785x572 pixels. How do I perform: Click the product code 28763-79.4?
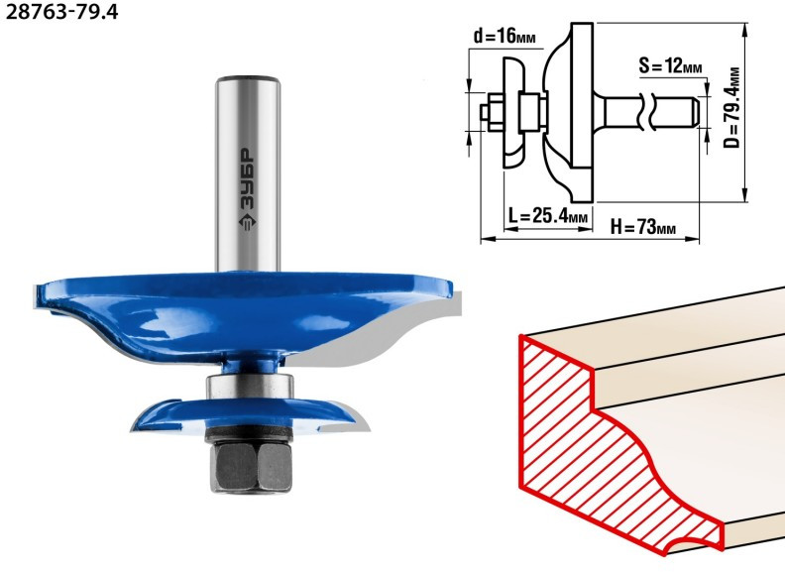(61, 12)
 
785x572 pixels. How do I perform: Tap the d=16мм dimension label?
(505, 36)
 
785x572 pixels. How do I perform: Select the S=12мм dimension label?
(670, 65)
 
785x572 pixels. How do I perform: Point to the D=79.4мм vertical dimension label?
(731, 108)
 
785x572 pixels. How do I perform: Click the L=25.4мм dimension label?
(548, 216)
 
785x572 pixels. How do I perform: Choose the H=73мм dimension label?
(643, 227)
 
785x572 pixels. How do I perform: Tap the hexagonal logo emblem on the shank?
(247, 222)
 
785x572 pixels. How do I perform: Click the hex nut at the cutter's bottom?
(251, 467)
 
